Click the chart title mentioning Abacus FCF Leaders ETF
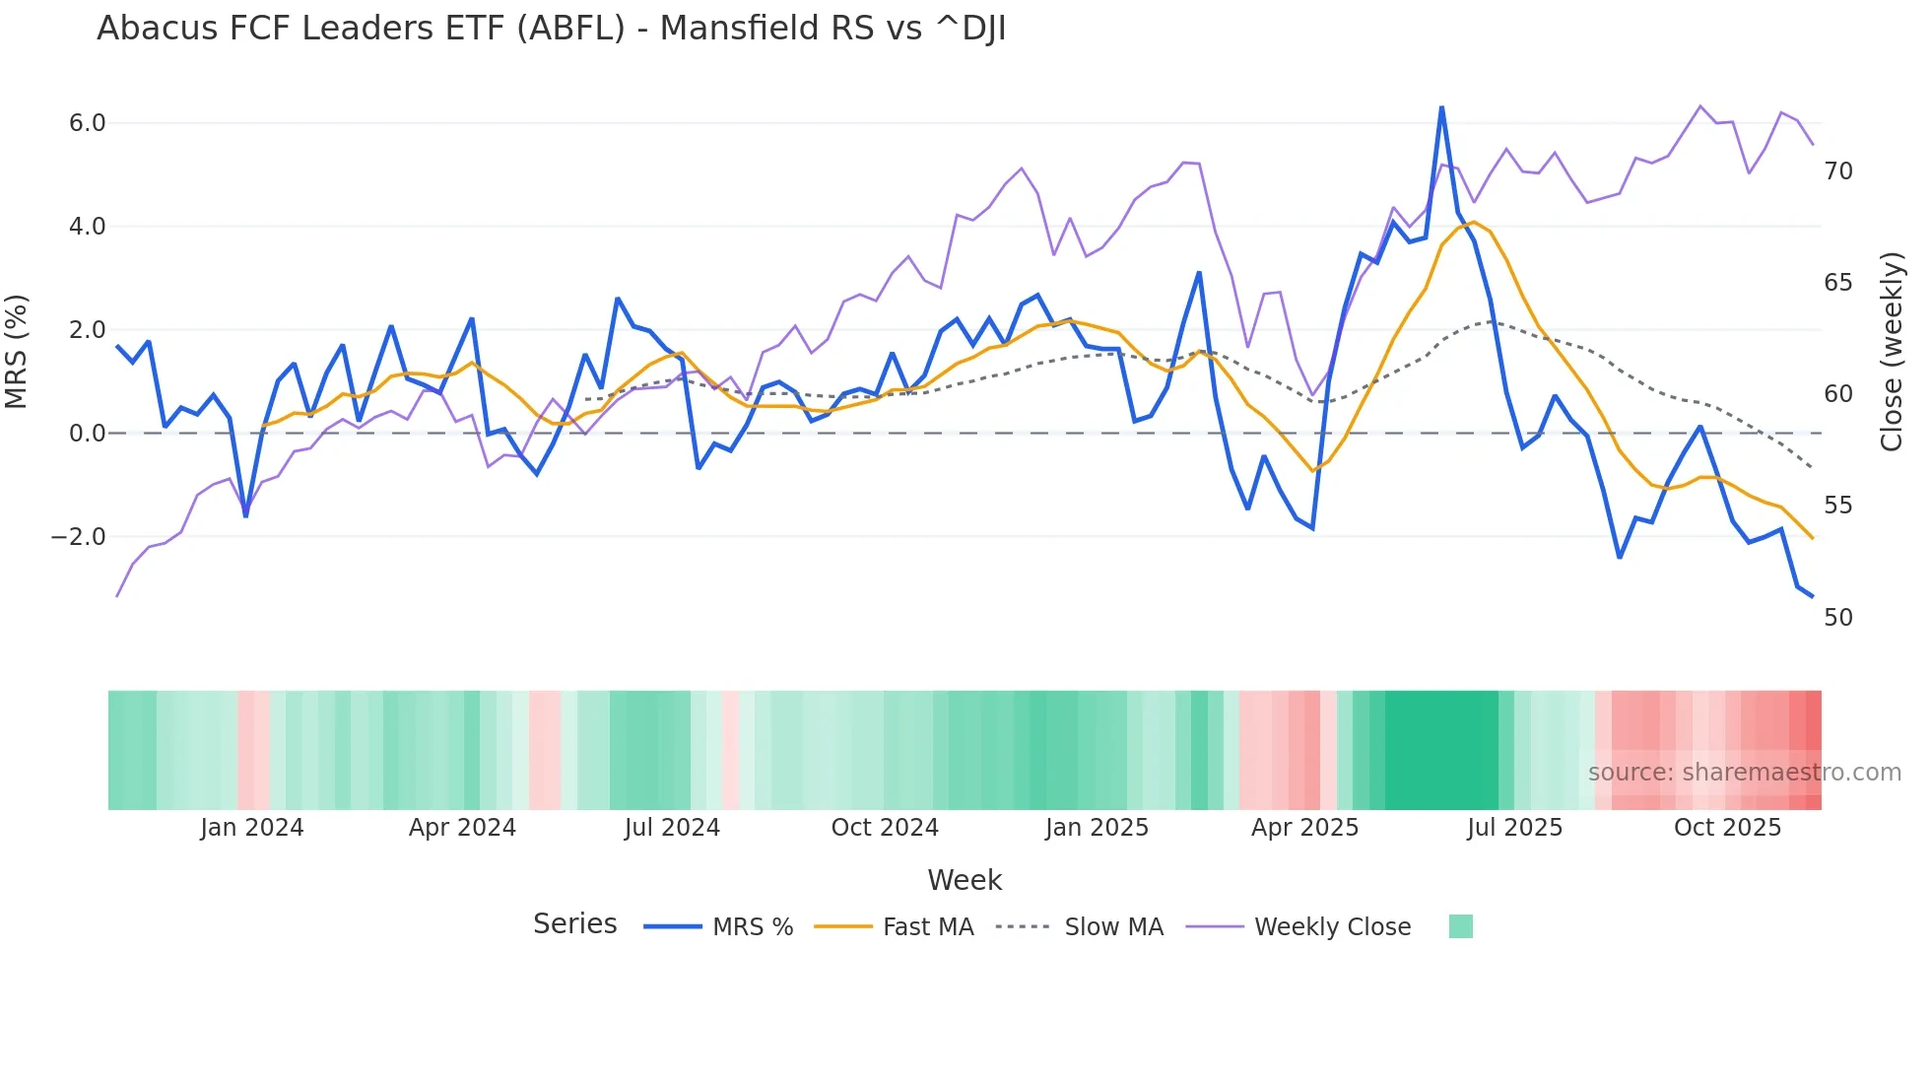coord(551,29)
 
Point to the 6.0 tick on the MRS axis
coord(87,123)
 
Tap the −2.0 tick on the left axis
coord(79,537)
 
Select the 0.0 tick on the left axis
coord(87,434)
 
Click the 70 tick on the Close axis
coord(1838,171)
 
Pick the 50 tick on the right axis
coord(1838,618)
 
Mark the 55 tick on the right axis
coord(1838,506)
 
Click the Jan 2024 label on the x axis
coord(251,828)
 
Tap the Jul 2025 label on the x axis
coord(1514,828)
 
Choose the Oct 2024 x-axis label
coord(885,828)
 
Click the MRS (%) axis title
coord(17,352)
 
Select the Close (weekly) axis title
coord(1891,352)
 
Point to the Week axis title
coord(965,880)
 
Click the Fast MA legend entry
coord(927,927)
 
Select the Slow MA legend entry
coord(1113,927)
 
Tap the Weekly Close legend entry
coord(1332,927)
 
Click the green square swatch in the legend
coord(1461,926)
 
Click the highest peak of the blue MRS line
coord(1441,107)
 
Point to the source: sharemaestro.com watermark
coord(1744,773)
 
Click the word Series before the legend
coord(574,924)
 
